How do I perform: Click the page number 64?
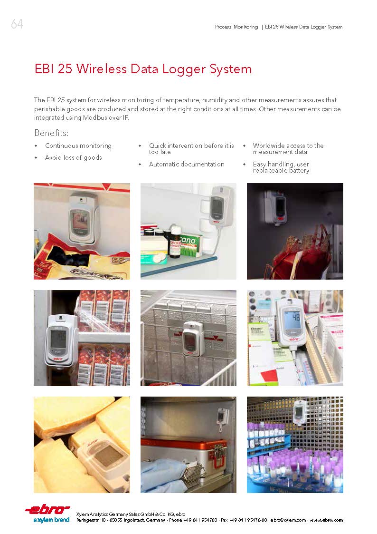[x=17, y=24]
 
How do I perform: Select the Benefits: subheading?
[x=51, y=133]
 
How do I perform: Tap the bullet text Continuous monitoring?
[x=78, y=146]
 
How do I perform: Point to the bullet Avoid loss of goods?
[x=74, y=157]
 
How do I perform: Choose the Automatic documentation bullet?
[x=187, y=164]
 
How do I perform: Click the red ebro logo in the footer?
[x=47, y=509]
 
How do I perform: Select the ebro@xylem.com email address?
[x=288, y=520]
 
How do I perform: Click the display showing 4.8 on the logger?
[x=291, y=317]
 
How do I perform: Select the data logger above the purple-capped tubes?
[x=299, y=412]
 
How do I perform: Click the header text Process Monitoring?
[x=236, y=27]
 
